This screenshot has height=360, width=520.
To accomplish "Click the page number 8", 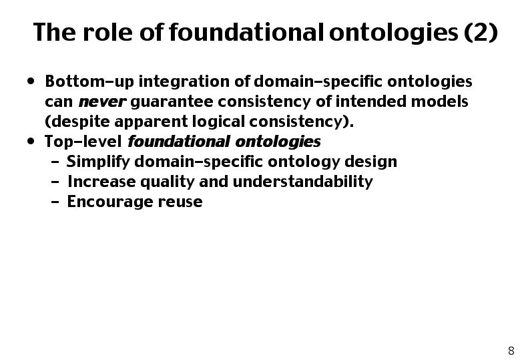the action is pos(511,351).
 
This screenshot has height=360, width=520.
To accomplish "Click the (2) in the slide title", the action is pos(481,32).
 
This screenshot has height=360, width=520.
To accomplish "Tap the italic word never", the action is pos(102,102).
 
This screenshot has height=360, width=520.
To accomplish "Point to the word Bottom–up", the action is pos(89,81).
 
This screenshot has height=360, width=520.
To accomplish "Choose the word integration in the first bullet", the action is pos(184,82).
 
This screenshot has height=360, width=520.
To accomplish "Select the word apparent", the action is pos(151,122).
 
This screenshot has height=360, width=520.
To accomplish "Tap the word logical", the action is pos(218,122).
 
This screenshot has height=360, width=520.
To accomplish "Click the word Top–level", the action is pos(83,142).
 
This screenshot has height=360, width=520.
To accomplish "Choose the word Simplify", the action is pos(98,162).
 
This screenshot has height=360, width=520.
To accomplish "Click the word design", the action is pos(370,162).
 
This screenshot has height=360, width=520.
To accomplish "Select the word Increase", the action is pos(101,182).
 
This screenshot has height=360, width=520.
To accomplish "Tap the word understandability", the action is pos(303,182).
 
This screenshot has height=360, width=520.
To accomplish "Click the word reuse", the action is pos(180,202).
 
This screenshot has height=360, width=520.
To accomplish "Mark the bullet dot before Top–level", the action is pos(31,142).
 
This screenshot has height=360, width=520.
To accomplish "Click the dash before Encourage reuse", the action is pos(55,202).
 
